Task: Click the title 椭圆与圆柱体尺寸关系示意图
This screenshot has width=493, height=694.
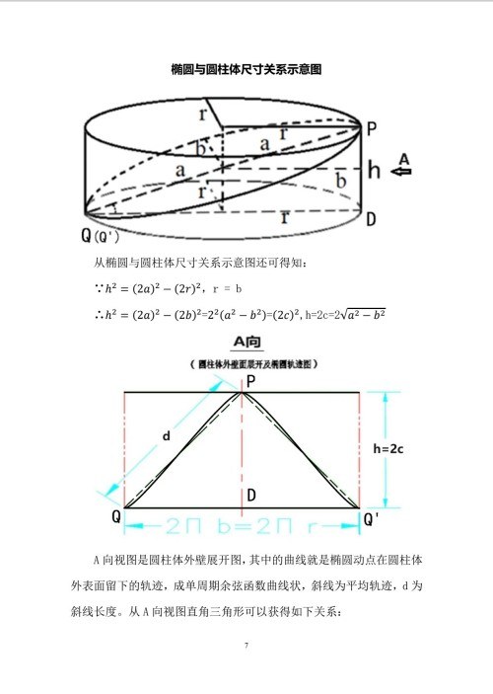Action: pos(246,70)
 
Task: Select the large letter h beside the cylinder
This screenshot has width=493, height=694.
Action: pos(374,169)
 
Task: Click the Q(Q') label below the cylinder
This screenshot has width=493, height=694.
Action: pos(100,237)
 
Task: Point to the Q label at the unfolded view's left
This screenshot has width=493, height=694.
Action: pos(116,517)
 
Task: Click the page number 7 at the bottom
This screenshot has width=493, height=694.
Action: pos(246,647)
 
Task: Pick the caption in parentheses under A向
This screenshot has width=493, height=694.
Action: pos(244,362)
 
